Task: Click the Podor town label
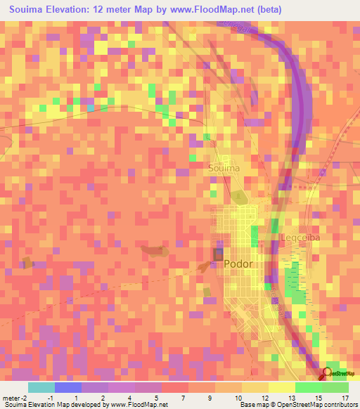238,264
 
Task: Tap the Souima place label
224,169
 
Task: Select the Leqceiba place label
300,238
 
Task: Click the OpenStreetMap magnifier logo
327,374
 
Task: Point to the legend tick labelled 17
345,398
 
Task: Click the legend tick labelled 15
319,398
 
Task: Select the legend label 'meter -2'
15,398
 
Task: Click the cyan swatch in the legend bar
41,387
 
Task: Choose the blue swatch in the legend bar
68,387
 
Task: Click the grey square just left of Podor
219,254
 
